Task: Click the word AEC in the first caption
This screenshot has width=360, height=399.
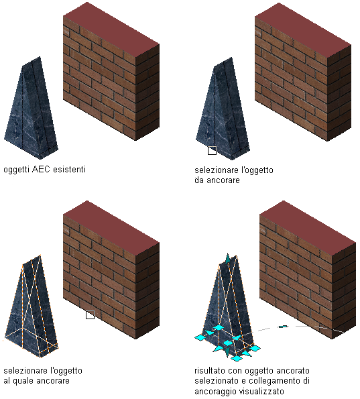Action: pos(40,169)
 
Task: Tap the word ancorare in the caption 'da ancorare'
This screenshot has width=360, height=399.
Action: pos(223,180)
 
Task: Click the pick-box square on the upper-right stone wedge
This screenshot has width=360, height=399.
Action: pos(212,150)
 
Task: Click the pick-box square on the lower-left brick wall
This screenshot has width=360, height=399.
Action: pos(90,315)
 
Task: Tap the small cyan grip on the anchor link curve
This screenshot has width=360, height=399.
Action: pos(283,327)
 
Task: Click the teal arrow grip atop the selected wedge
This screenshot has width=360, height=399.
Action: pos(227,258)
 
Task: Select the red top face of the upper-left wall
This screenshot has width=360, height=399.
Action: pos(111,30)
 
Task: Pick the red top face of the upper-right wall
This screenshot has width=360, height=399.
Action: pos(303,30)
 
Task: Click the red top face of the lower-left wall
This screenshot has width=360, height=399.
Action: pos(111,228)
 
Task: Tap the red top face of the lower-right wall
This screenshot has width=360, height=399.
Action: pos(308,228)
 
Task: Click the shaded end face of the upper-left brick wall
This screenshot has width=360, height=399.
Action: pos(147,92)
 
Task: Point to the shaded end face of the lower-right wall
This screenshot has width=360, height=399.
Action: pos(344,290)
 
